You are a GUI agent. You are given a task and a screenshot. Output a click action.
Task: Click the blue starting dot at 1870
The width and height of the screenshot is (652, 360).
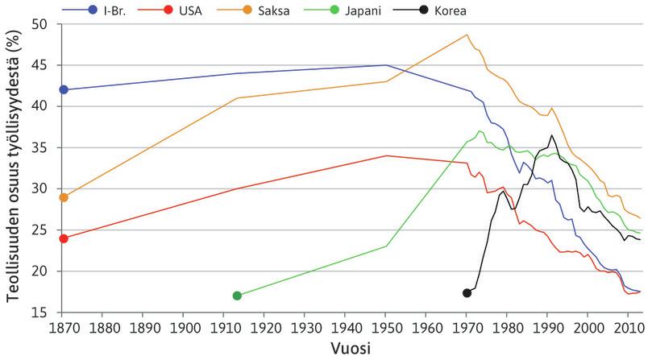[x=64, y=89]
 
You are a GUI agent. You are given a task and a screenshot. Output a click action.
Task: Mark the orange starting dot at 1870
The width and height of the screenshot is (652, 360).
[x=64, y=197]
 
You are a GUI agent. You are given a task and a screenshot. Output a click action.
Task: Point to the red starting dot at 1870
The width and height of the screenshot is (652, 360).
[x=64, y=238]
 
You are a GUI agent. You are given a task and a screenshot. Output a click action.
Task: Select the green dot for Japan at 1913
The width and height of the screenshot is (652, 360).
[x=237, y=296]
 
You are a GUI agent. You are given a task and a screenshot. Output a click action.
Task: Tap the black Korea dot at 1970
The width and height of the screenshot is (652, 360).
[x=467, y=292]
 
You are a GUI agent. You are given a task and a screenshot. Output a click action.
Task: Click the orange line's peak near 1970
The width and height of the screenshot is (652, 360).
[x=467, y=35]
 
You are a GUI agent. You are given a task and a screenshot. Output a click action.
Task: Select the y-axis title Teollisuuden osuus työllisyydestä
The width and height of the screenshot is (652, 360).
[x=14, y=168]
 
